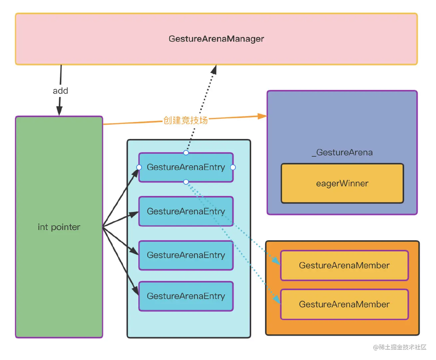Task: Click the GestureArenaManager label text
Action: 216,39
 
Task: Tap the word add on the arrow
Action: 60,91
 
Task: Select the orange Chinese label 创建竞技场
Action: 186,120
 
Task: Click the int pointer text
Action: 59,227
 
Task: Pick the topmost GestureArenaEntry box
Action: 186,167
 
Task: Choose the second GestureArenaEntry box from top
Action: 186,211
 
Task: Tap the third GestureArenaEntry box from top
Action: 186,255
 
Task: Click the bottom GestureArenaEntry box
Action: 186,296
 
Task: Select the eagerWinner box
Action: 342,183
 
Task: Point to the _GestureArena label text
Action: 342,152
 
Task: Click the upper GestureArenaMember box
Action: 344,265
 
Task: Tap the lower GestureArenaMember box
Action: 344,304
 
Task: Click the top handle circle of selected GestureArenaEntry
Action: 186,153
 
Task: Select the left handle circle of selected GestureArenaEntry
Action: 139,167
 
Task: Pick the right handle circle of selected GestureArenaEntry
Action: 233,167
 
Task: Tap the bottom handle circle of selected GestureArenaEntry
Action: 186,182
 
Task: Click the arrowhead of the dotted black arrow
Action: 214,69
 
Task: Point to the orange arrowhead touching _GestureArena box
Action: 262,116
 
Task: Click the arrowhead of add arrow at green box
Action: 59,111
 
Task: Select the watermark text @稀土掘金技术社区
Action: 400,347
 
